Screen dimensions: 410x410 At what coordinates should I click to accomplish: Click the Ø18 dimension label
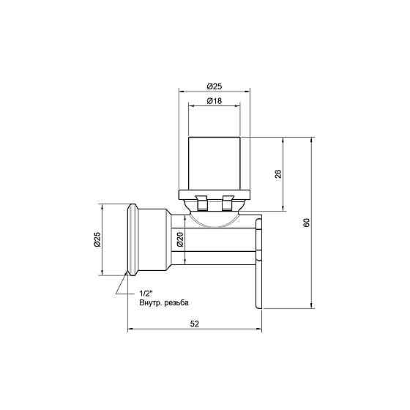click(215, 101)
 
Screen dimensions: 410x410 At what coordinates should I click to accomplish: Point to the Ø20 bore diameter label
click(180, 239)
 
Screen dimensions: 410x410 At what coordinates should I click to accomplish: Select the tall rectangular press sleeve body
click(215, 163)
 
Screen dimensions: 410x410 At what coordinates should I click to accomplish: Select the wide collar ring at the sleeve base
click(215, 194)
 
